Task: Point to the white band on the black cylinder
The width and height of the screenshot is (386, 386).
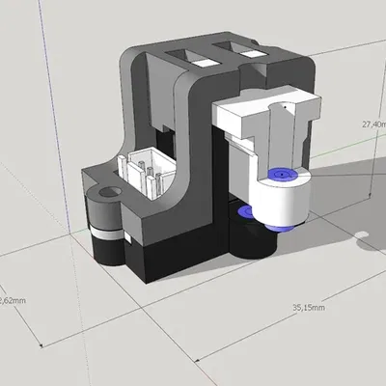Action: [107, 235]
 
